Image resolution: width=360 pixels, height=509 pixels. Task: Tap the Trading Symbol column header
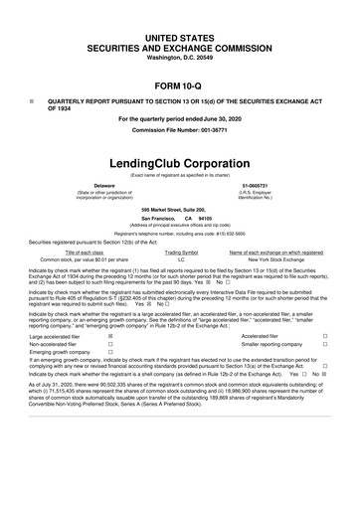pos(181,254)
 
